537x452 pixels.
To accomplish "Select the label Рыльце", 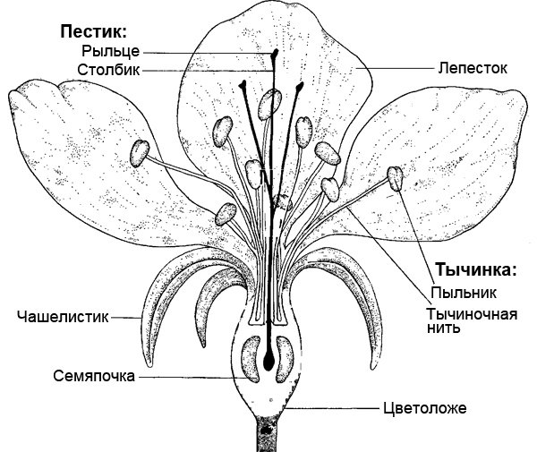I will [109, 51].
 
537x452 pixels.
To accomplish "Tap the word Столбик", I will [107, 69].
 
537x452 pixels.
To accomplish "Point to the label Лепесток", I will [467, 67].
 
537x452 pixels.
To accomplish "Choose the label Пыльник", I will [463, 292].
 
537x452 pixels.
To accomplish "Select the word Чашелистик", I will [62, 315].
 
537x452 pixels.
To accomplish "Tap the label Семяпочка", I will [92, 376].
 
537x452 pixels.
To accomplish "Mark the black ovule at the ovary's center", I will [268, 362].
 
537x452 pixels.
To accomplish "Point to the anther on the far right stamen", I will [394, 179].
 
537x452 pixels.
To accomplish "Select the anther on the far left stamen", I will [139, 153].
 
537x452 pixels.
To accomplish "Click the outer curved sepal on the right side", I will [376, 295].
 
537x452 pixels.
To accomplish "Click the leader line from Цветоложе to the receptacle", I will [331, 408].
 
